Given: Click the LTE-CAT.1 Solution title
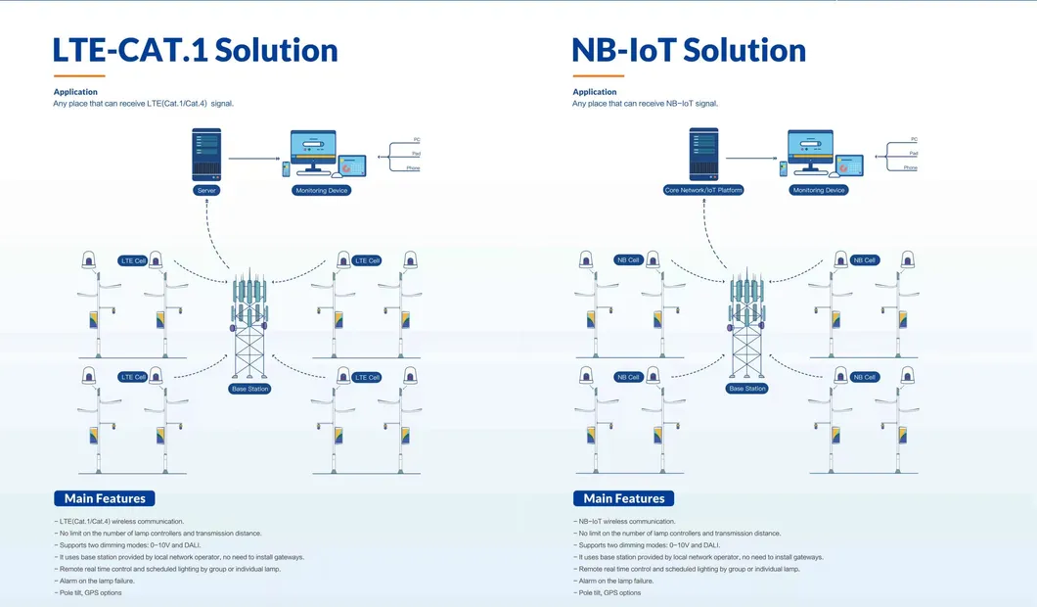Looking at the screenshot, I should (x=196, y=50).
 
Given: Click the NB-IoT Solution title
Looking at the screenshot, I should (x=689, y=50).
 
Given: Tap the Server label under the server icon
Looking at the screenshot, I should (x=206, y=190).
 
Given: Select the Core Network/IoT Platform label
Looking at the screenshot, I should (x=703, y=190).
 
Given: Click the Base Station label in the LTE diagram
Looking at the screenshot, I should (x=249, y=389).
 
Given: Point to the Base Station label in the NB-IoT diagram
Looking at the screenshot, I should (x=747, y=389).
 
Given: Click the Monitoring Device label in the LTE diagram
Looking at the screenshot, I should (x=322, y=190).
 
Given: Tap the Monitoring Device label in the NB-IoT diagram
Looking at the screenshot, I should (x=819, y=190).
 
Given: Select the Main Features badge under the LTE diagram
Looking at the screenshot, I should (x=105, y=498).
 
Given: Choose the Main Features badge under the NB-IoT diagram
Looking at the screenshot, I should (x=623, y=498).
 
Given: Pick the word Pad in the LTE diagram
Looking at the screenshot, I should (x=415, y=153).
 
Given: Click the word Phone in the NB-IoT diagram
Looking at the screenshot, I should (x=910, y=167).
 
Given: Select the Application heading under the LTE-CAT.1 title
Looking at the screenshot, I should (x=75, y=92).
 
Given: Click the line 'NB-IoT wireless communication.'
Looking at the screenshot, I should (x=626, y=522).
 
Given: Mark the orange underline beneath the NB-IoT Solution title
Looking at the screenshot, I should (x=598, y=75).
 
